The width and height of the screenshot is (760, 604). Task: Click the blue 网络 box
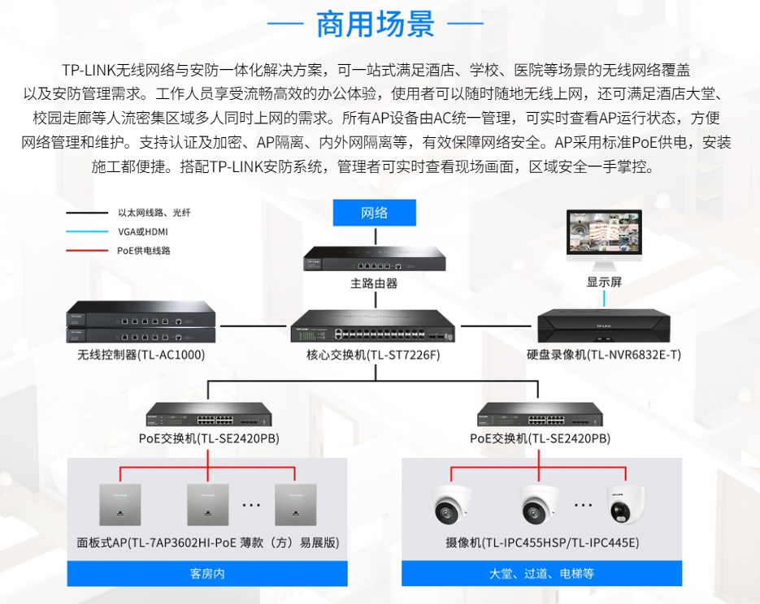tap(374, 213)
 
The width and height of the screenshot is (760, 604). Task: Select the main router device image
tap(374, 258)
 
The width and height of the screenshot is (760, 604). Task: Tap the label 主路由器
tap(374, 283)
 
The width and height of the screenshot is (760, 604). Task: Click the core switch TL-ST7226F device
tap(373, 326)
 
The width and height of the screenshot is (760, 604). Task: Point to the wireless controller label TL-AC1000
tap(141, 355)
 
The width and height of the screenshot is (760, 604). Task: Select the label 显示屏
tap(604, 283)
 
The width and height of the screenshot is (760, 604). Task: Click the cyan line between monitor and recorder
tap(604, 299)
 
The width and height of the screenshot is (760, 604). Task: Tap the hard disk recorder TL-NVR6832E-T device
tap(604, 326)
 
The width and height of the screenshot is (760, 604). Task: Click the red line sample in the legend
tap(87, 251)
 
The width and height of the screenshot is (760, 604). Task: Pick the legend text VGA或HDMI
tap(143, 232)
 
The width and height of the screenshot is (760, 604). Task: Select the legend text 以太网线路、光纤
tap(154, 213)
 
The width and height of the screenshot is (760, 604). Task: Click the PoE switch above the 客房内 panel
tap(209, 415)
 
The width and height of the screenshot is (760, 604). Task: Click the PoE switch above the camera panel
tap(540, 415)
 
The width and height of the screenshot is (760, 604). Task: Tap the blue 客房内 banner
tap(207, 573)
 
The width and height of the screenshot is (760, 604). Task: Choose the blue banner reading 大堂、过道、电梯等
tap(542, 573)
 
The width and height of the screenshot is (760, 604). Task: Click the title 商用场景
tap(376, 24)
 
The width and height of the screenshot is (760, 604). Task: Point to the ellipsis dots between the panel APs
tap(251, 505)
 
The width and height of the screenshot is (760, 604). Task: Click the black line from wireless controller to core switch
tap(253, 326)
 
